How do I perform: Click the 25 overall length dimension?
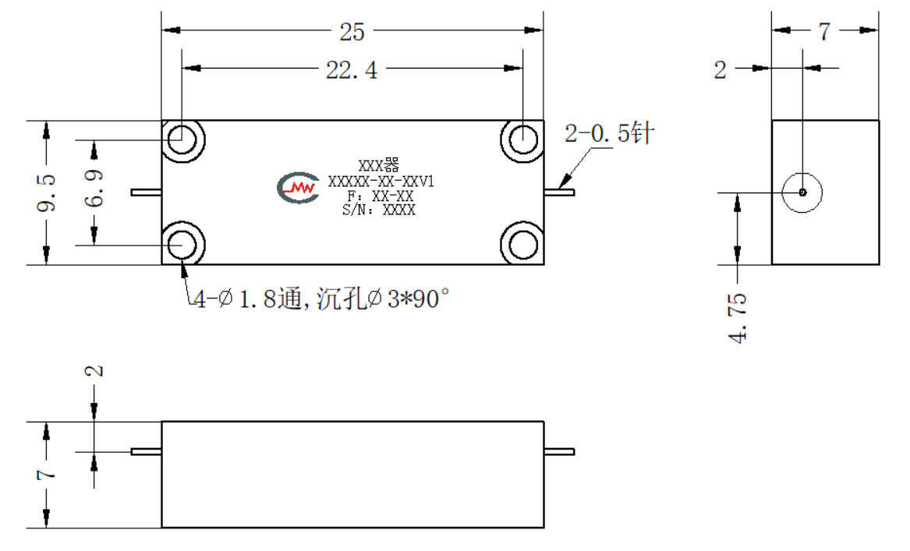click(x=352, y=31)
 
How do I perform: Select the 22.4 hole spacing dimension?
click(x=352, y=70)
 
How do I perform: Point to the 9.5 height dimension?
click(x=47, y=192)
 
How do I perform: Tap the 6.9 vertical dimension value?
click(x=94, y=189)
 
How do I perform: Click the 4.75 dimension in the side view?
click(x=738, y=318)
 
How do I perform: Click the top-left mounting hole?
click(x=182, y=140)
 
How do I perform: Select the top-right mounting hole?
click(x=522, y=140)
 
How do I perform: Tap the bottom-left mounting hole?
click(x=182, y=244)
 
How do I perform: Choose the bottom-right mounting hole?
click(x=522, y=244)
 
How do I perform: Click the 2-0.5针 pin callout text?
click(x=609, y=133)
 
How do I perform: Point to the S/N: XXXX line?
click(x=378, y=210)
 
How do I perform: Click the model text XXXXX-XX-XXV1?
click(x=381, y=182)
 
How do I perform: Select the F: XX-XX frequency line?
click(x=380, y=196)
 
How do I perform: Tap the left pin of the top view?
click(x=147, y=192)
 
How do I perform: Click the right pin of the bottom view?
click(x=559, y=451)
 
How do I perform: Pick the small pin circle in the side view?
click(x=802, y=192)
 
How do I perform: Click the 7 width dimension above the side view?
click(x=824, y=31)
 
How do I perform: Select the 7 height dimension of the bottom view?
click(x=47, y=475)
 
